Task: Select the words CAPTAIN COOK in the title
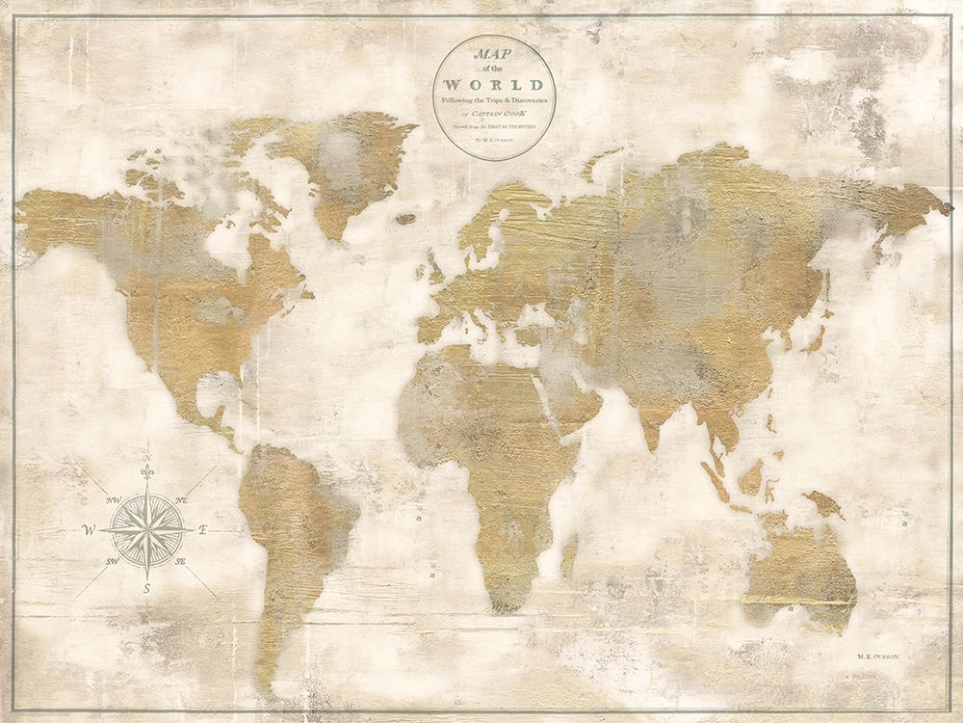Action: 502,114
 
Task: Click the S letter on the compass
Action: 146,588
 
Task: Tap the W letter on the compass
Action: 89,529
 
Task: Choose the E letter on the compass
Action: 202,530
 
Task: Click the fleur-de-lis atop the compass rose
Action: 147,475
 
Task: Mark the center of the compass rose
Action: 147,529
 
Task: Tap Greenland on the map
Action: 342,164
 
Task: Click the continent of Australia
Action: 799,564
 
